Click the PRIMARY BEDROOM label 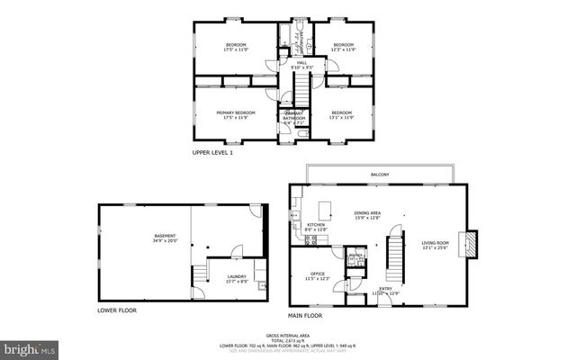[x=236, y=112]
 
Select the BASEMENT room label [x=165, y=236]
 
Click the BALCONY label [x=379, y=174]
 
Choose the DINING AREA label [x=368, y=212]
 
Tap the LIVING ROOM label [x=436, y=243]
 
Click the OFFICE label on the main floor [x=317, y=274]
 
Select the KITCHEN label [x=316, y=225]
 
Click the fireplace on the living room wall [x=468, y=244]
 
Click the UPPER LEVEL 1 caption [x=212, y=153]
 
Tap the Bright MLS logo [x=30, y=347]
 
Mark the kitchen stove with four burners [x=294, y=239]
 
